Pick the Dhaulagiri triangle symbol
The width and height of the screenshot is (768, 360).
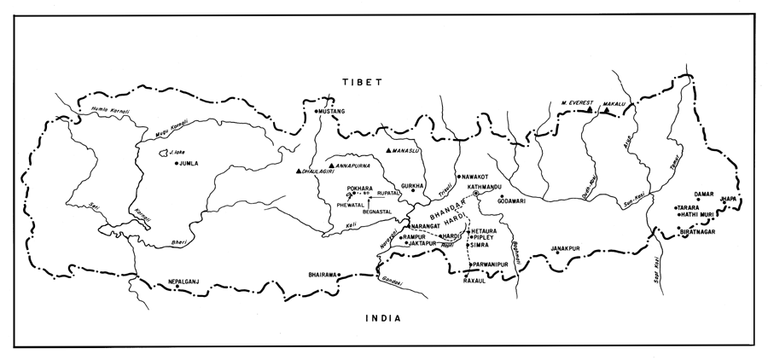click(299, 171)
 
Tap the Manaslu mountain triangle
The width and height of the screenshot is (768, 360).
click(388, 151)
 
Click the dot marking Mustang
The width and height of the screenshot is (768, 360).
click(317, 112)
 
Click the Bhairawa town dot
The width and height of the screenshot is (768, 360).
click(340, 275)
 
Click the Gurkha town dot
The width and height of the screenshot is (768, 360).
click(413, 191)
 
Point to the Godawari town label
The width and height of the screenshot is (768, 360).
click(521, 201)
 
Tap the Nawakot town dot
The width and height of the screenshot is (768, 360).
click(458, 177)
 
